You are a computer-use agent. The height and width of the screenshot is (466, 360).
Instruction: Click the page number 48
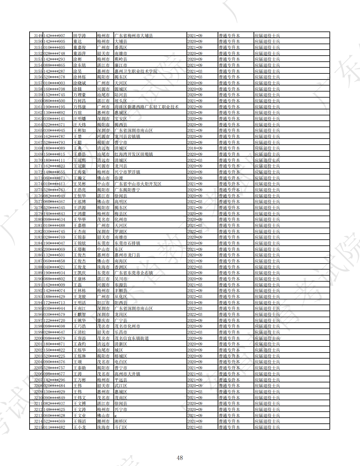pos(180,458)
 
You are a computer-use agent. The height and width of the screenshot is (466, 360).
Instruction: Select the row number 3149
pos(38,36)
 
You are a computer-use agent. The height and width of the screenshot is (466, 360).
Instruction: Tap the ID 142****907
pos(54,36)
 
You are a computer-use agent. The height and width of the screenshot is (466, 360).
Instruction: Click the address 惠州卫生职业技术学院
pos(136,71)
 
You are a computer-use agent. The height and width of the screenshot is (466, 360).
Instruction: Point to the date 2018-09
pos(195,148)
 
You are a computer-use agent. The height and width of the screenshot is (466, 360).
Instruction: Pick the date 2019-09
pos(195,303)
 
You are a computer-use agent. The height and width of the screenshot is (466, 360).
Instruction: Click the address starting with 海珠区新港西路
pos(146,107)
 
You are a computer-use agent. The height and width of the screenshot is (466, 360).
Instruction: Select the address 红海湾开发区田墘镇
pos(133,154)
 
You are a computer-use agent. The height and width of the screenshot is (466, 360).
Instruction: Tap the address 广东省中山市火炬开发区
pos(138,184)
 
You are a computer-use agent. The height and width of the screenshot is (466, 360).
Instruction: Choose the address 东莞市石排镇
pos(127,243)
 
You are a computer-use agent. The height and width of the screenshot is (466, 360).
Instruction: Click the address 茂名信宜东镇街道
pos(132,338)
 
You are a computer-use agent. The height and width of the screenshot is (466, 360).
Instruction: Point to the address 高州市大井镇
pos(127,374)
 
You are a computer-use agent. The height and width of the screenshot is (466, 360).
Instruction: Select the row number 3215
pos(38,427)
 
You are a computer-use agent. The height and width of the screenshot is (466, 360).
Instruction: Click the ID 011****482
pos(54,427)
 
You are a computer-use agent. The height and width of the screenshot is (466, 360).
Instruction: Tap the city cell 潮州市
pos(103,421)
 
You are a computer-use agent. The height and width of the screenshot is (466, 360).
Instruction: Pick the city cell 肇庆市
pos(103,320)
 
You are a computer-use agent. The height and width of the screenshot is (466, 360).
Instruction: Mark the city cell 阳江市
pos(103,303)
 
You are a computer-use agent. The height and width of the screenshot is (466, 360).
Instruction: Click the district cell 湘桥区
pos(121,421)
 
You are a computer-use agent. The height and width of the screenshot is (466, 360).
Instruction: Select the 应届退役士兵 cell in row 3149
pos(267,36)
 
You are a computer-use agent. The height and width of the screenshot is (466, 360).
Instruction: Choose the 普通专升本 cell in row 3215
pos(229,427)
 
